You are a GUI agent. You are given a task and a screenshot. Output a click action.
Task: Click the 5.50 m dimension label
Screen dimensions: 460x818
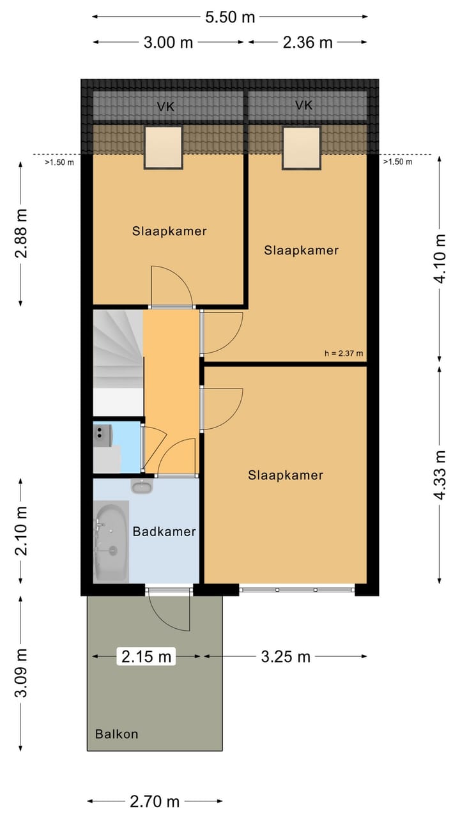[230, 17]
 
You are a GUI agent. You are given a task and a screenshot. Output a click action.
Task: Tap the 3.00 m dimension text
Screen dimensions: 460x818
[168, 43]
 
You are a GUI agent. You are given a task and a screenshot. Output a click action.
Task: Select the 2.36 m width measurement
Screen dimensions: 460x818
[308, 43]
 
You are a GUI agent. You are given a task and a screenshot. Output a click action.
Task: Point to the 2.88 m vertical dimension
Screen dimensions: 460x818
[21, 234]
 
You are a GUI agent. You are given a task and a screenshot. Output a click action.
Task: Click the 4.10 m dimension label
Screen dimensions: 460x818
[440, 259]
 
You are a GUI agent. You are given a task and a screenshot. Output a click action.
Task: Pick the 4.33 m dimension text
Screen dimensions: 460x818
[440, 475]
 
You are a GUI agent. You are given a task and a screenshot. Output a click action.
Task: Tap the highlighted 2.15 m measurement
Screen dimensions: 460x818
[146, 656]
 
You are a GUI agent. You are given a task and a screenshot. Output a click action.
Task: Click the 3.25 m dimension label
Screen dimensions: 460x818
[286, 657]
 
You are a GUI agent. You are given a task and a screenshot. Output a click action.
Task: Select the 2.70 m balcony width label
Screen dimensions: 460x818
[155, 801]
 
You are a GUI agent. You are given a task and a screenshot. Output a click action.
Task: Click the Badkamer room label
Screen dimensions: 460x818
[164, 531]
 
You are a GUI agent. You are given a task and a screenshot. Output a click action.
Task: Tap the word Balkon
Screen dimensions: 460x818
[117, 734]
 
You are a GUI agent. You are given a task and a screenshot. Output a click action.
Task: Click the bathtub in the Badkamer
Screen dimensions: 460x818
[111, 541]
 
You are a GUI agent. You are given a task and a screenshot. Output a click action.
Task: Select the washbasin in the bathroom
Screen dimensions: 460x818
[142, 487]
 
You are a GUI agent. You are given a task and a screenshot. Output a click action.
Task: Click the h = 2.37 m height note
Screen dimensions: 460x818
[344, 353]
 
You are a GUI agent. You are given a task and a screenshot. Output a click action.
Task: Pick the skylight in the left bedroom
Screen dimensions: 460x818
[163, 148]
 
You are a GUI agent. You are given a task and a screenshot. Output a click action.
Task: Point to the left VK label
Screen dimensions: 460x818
[165, 107]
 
